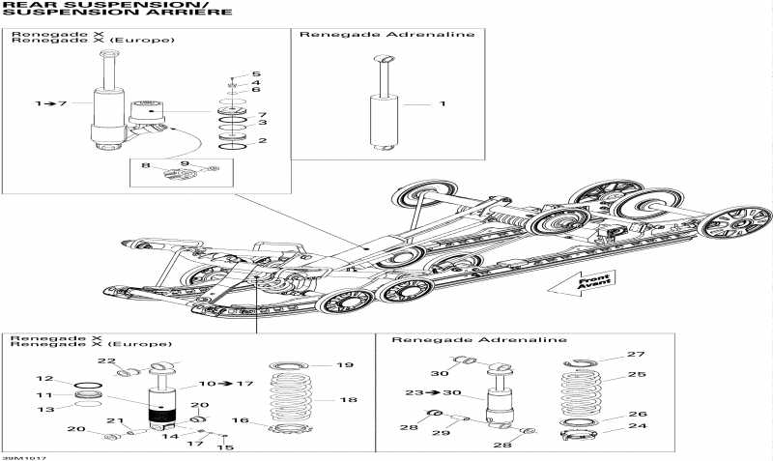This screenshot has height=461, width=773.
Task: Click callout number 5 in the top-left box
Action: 256,74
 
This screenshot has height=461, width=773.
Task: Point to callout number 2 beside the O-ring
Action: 262,141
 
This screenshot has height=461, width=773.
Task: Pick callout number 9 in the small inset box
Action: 185,164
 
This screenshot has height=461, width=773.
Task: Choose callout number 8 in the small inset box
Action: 146,165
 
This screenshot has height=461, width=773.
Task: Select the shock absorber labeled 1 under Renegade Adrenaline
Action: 385,106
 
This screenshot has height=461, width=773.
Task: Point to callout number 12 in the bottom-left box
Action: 43,378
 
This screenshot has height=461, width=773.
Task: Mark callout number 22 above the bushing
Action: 105,360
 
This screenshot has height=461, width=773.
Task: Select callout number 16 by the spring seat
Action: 240,421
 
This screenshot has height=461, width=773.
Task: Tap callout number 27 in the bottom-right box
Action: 635,355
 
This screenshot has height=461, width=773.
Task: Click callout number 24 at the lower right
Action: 635,425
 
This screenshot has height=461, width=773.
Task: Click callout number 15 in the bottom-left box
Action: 226,447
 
